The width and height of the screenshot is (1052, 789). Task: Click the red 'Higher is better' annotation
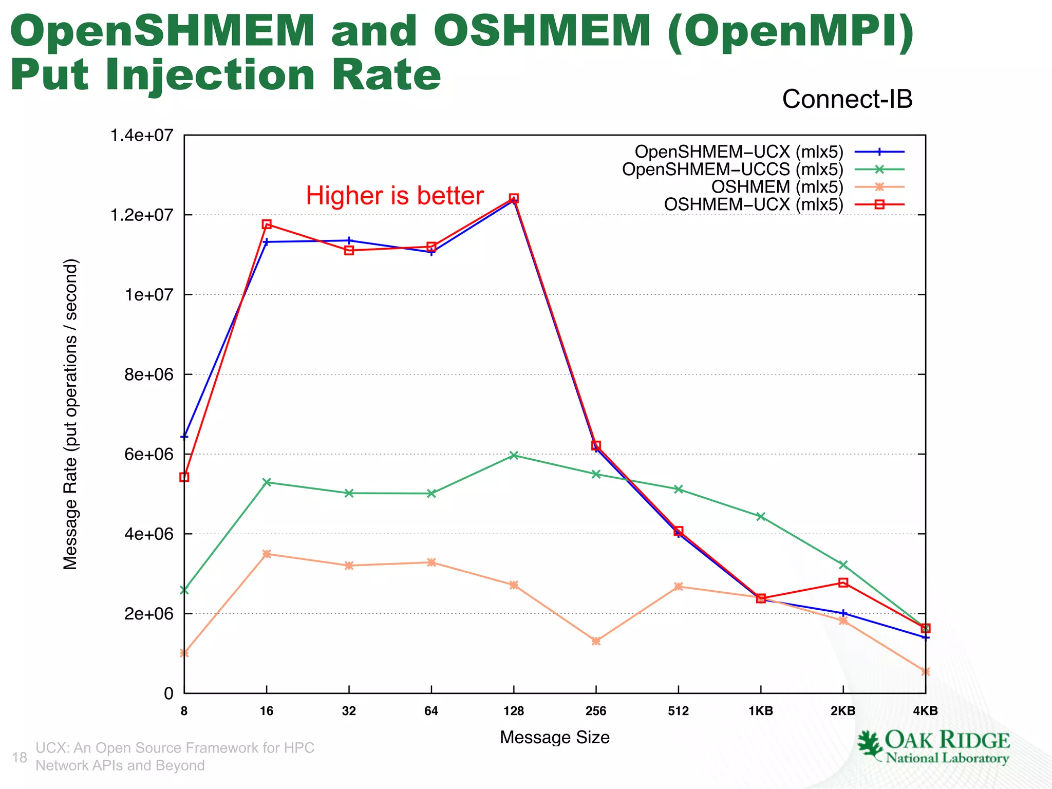[394, 196]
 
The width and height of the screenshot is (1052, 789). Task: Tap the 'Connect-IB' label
[847, 99]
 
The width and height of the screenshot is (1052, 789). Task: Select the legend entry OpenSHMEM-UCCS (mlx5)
[732, 170]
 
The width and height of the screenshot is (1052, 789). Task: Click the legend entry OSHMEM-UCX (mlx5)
[753, 204]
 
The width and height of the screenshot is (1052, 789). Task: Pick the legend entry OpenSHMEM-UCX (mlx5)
[739, 152]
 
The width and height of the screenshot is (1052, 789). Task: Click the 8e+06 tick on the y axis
[148, 374]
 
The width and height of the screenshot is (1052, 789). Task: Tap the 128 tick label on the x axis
[514, 711]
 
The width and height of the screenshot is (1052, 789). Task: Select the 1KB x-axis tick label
[761, 711]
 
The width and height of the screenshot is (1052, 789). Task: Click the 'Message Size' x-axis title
[554, 737]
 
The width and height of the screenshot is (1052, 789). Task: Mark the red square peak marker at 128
[514, 198]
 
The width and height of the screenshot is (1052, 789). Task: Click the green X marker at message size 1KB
[761, 516]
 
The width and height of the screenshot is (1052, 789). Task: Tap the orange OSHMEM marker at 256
[596, 641]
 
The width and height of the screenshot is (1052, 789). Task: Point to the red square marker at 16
[267, 224]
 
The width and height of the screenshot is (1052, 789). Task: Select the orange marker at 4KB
[925, 671]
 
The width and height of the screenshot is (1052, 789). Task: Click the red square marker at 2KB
[843, 583]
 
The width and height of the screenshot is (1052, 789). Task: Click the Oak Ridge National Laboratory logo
[933, 747]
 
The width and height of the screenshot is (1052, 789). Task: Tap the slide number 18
[20, 757]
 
